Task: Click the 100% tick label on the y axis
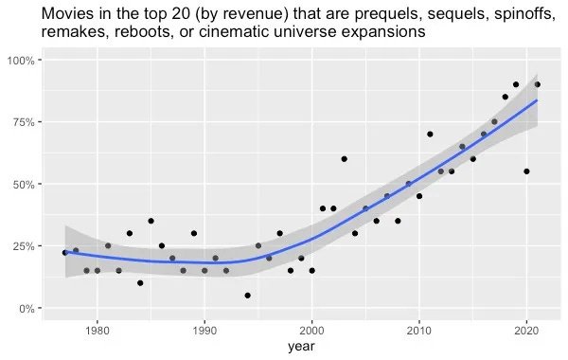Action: pyautogui.click(x=22, y=61)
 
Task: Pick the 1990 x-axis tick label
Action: pyautogui.click(x=204, y=330)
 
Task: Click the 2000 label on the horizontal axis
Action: pyautogui.click(x=311, y=330)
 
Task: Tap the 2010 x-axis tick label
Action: pyautogui.click(x=419, y=330)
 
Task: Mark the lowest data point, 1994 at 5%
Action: pyautogui.click(x=247, y=296)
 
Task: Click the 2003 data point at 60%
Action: pyautogui.click(x=344, y=159)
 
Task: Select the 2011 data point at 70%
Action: pyautogui.click(x=430, y=135)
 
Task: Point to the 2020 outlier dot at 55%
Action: pyautogui.click(x=526, y=171)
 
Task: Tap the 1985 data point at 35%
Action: pyautogui.click(x=151, y=221)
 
